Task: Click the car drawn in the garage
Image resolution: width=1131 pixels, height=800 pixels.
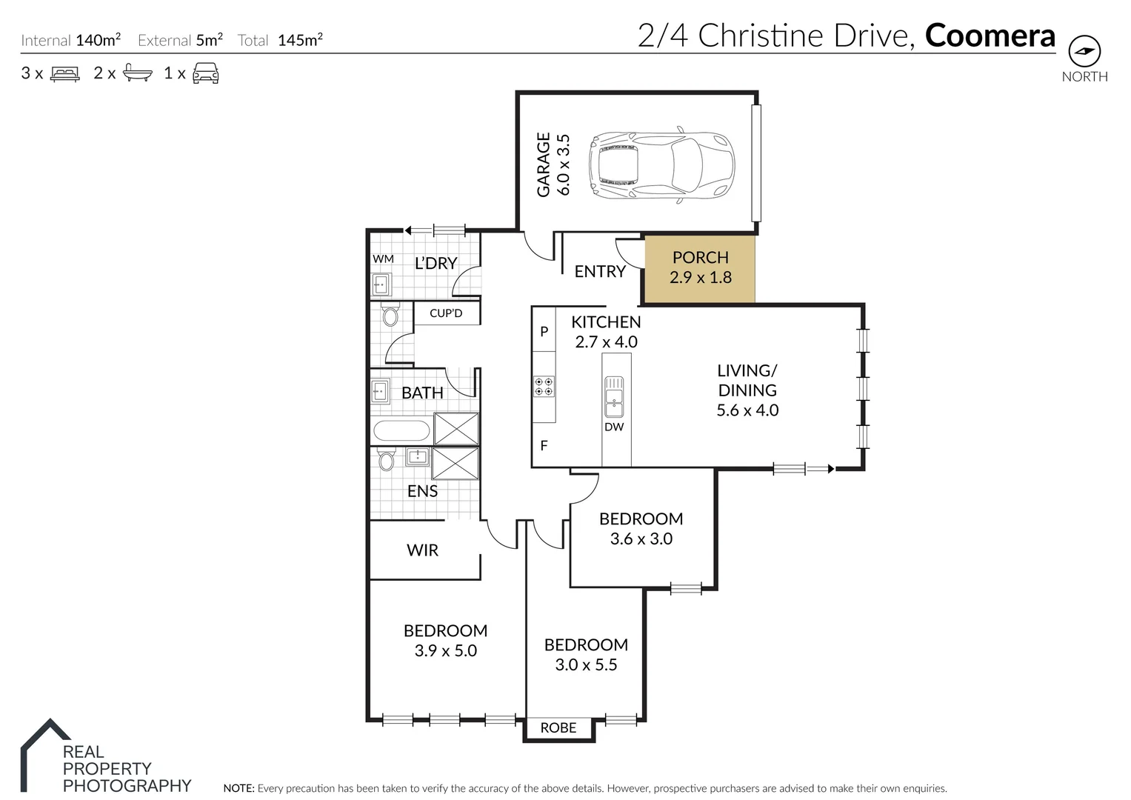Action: (x=661, y=166)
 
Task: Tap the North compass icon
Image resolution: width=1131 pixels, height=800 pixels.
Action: (x=1084, y=51)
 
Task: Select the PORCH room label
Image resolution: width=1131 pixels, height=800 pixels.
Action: (x=700, y=258)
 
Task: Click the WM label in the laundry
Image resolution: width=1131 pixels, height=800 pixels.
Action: (x=383, y=259)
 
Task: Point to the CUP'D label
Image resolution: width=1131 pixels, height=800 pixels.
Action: (x=446, y=313)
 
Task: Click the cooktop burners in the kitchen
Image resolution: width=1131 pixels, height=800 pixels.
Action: (x=544, y=387)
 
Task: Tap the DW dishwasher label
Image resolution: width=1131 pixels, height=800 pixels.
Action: (x=614, y=427)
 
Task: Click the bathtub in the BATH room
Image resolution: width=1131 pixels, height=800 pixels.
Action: (x=401, y=430)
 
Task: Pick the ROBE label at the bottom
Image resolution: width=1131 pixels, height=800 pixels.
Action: (x=558, y=728)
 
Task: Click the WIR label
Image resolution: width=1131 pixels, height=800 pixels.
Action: (x=422, y=550)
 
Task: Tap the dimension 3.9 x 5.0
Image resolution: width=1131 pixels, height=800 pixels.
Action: (x=445, y=651)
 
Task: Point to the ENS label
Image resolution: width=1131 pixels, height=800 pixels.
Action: (x=422, y=491)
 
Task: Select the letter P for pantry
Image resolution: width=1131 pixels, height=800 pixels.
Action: (x=544, y=332)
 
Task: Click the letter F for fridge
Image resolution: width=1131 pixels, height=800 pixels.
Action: (x=544, y=446)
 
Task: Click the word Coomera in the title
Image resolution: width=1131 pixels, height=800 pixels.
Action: (x=990, y=36)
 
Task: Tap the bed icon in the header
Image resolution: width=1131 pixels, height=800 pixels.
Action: (x=64, y=73)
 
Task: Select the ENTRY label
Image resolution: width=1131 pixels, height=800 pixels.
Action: (x=600, y=272)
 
